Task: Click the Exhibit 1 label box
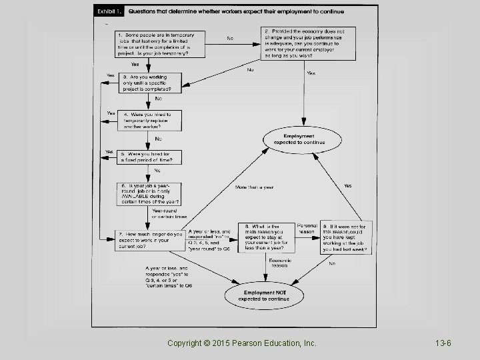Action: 109,11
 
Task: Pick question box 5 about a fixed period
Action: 150,157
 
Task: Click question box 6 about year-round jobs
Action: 151,193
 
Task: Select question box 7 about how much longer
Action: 151,241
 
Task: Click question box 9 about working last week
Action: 347,237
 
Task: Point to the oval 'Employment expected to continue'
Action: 303,139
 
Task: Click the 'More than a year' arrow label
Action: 254,187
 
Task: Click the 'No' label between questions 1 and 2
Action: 230,38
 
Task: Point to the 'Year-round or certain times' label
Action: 165,214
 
